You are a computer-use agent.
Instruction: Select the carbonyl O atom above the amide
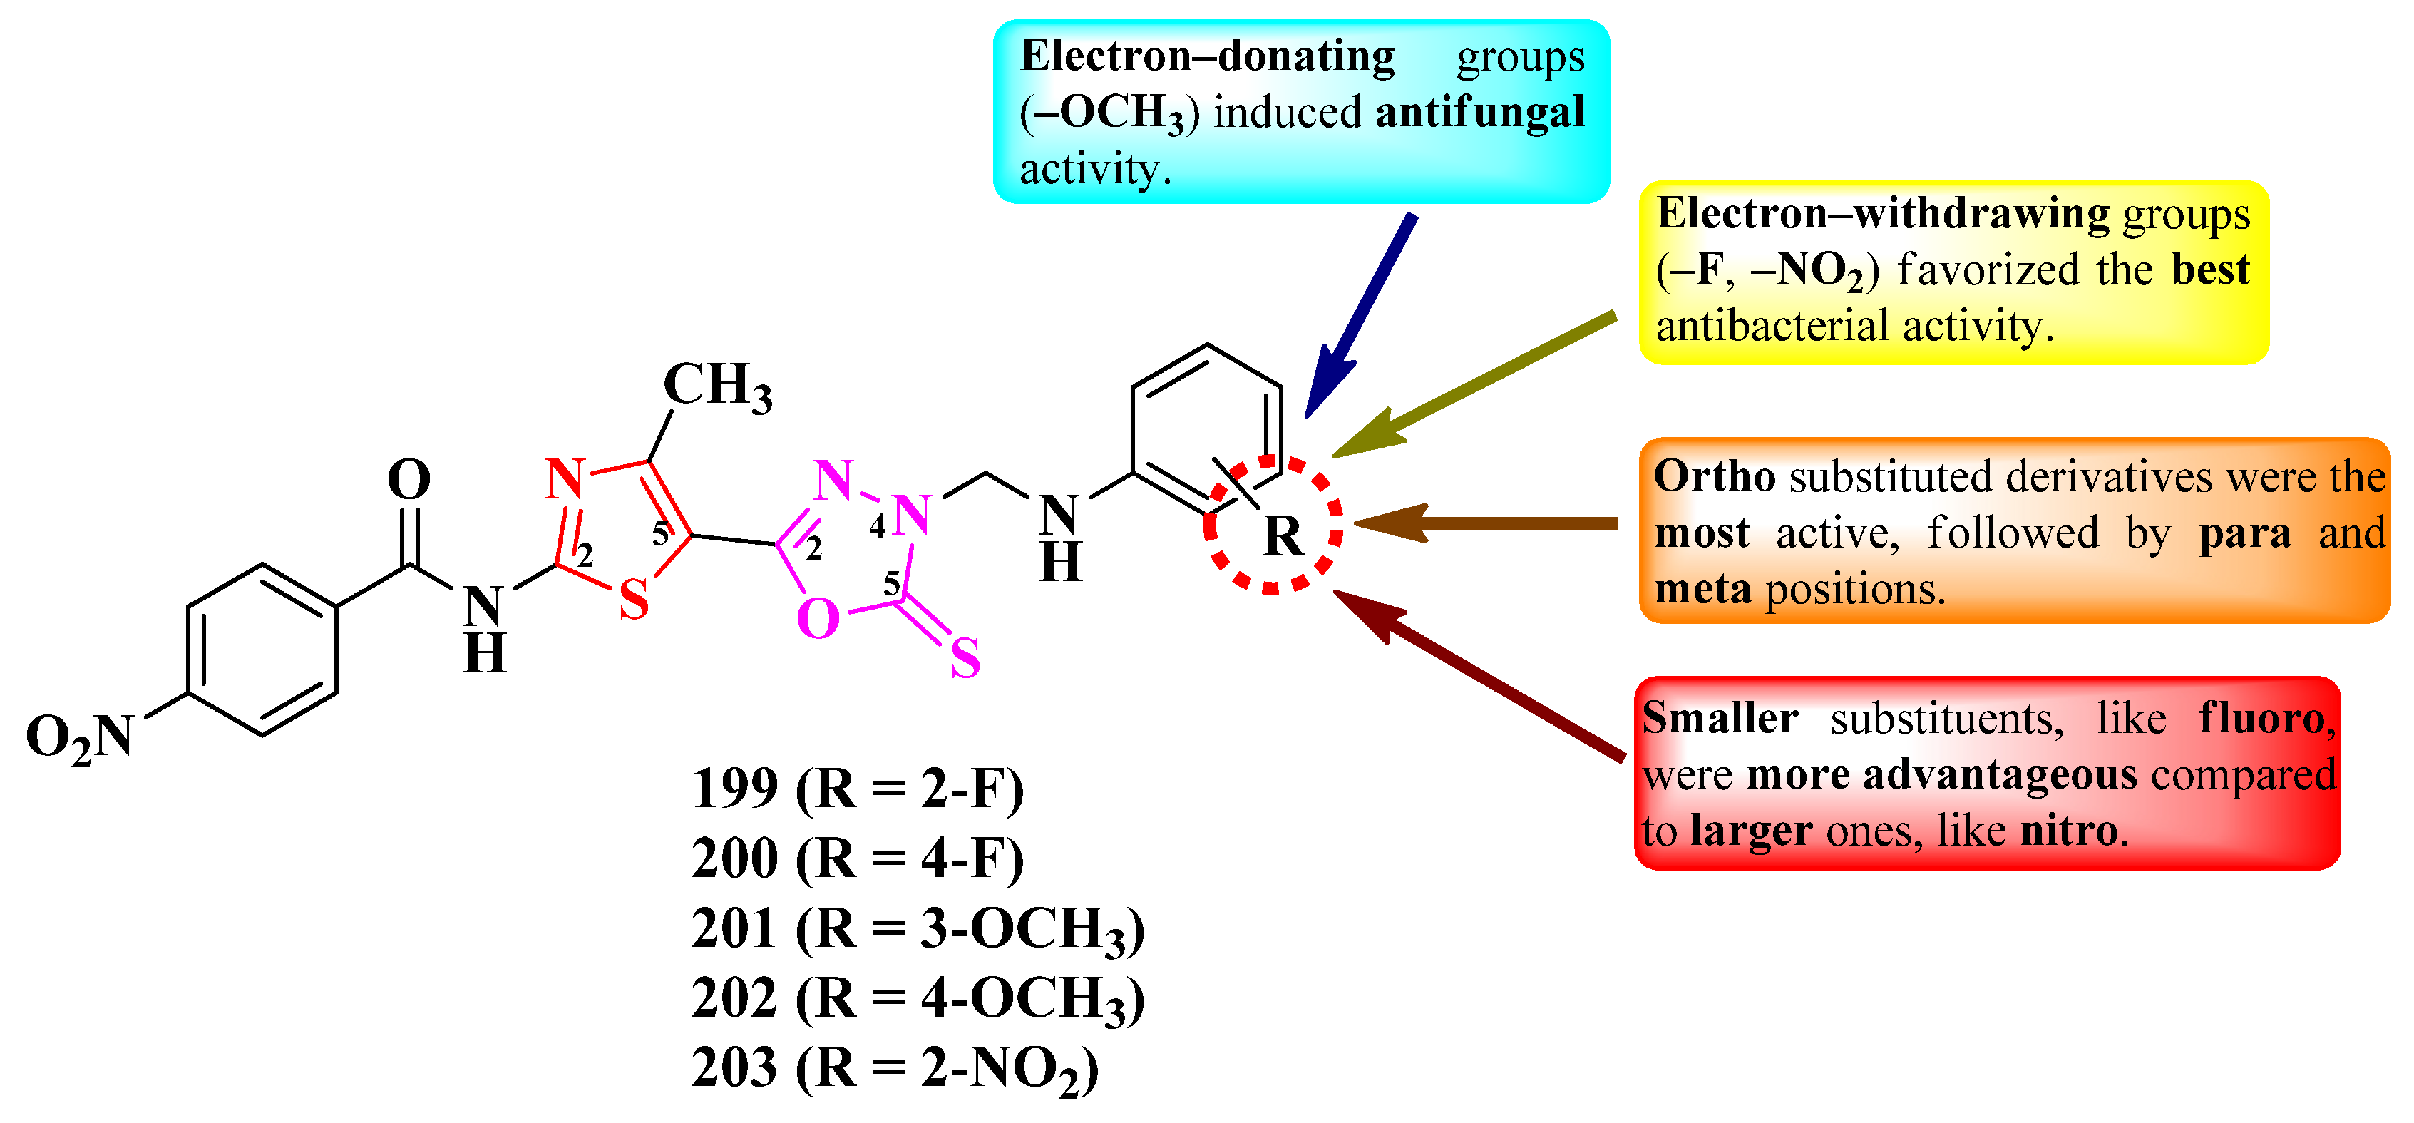tap(409, 480)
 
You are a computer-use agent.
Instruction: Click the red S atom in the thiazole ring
tap(635, 600)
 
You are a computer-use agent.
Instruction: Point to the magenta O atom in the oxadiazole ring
tap(817, 620)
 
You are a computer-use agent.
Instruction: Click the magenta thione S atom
tap(965, 658)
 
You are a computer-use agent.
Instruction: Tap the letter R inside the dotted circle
tap(1283, 537)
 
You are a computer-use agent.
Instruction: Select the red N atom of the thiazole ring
tap(565, 479)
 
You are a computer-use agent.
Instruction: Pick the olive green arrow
tap(1471, 386)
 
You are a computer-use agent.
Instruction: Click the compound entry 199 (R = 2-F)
tap(858, 789)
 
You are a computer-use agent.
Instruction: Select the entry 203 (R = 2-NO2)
tap(895, 1069)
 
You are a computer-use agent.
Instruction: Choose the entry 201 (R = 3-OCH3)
tap(918, 929)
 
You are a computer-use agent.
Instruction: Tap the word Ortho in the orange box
tap(1714, 477)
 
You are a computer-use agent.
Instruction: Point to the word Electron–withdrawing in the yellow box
tap(1881, 214)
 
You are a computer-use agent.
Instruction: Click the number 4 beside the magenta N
tap(877, 527)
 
